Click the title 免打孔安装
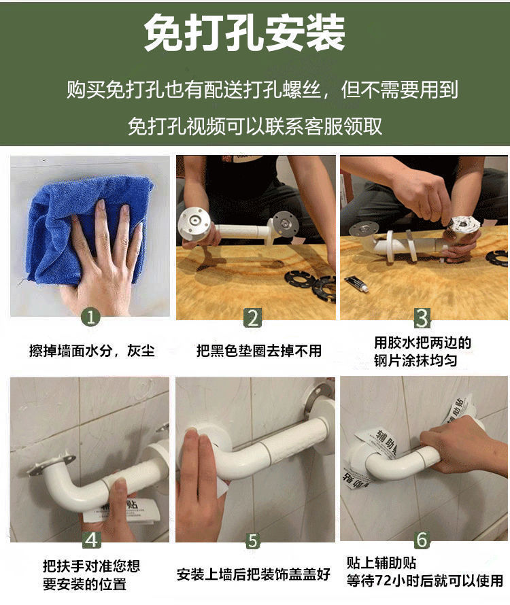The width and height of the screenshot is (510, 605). tap(244, 33)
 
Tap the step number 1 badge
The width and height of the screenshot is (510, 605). tap(90, 317)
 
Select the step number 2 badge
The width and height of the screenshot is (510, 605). tap(253, 318)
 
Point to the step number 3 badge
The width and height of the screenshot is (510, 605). tap(422, 318)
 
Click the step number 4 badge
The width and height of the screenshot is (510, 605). tap(92, 540)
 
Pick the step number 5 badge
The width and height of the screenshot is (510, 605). tap(252, 540)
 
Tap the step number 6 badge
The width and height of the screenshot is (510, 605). tap(422, 540)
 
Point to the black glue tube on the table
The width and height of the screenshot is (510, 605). tap(357, 283)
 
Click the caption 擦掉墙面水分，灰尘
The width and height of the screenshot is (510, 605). tap(92, 351)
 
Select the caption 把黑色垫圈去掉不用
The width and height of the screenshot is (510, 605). tap(259, 351)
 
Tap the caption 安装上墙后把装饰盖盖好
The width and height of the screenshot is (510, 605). tap(254, 574)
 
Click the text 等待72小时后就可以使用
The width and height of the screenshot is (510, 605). tap(424, 581)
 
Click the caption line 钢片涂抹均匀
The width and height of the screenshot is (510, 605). tap(415, 361)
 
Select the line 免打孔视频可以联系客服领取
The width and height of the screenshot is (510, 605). tap(255, 126)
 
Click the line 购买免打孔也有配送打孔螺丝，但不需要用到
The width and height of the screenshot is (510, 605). tap(262, 90)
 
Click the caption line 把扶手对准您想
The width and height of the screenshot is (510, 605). tap(91, 566)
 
